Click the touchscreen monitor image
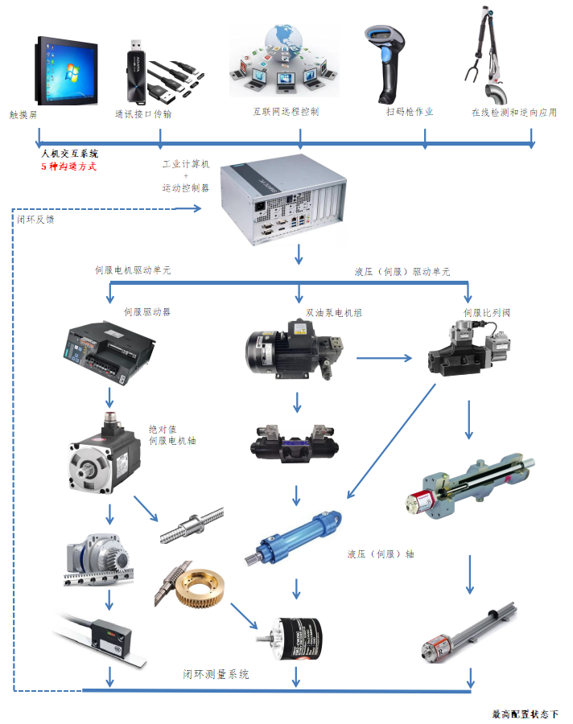[x=65, y=70]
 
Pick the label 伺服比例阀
[x=486, y=311]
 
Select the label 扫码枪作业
[x=410, y=112]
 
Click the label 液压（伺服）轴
[x=381, y=553]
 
